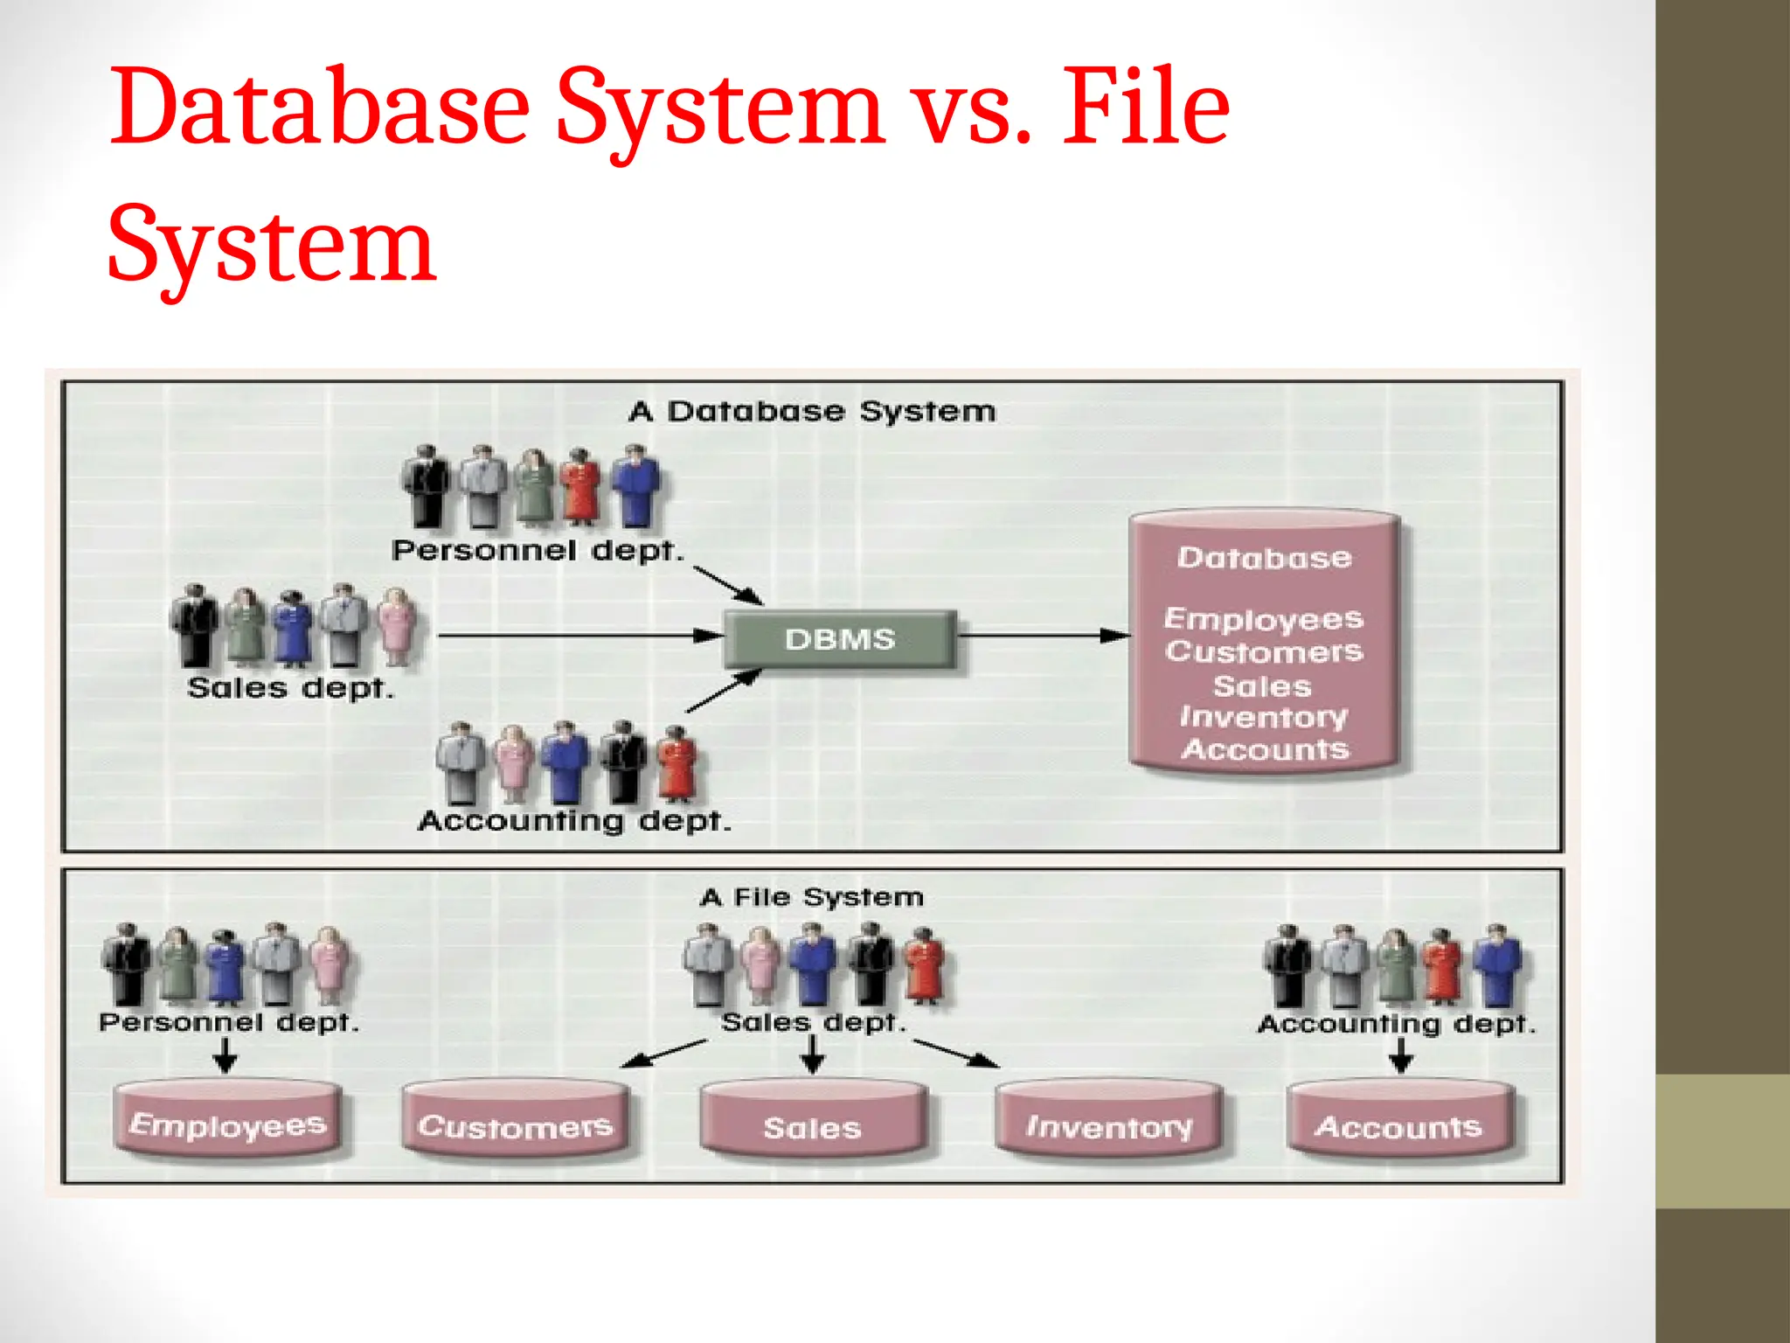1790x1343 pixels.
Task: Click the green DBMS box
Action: pos(840,639)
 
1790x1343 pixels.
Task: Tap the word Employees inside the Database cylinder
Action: pos(1263,619)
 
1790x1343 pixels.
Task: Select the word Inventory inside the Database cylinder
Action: pos(1263,717)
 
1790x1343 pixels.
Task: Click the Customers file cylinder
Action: pos(515,1124)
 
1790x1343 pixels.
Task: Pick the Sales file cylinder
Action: pos(813,1126)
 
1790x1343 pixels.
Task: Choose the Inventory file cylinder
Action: pos(1109,1125)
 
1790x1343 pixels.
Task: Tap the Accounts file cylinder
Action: pos(1399,1125)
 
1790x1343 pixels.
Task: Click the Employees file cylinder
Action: pos(227,1124)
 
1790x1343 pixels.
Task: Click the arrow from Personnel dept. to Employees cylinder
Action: pos(225,1054)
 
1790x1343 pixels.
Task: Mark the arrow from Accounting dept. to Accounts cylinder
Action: pos(1401,1055)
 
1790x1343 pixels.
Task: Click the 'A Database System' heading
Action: pos(812,411)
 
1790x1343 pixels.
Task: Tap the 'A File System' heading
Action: pos(812,897)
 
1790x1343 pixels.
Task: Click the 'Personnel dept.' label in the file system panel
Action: pos(229,1022)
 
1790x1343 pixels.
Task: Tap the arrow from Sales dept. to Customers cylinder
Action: pos(663,1054)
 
